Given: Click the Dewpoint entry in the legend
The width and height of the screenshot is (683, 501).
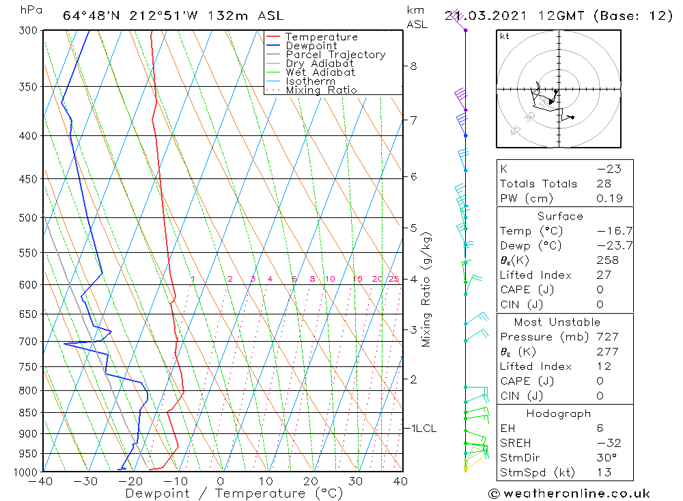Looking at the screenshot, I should tap(311, 46).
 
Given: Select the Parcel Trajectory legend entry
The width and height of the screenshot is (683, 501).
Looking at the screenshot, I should tap(335, 55).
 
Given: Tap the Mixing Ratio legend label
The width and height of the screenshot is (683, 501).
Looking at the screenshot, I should tap(321, 90).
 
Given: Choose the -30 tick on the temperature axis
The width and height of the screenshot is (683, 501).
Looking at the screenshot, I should tap(87, 481).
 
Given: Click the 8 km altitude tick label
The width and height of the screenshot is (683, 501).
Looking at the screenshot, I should tap(413, 66).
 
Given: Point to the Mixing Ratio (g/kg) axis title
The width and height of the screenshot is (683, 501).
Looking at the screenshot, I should tap(426, 289).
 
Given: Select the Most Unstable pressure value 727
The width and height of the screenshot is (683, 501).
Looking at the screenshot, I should tap(607, 337).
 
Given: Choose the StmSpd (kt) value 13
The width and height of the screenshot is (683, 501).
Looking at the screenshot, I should tap(604, 473).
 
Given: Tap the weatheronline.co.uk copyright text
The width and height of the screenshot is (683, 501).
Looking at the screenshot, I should tap(570, 493).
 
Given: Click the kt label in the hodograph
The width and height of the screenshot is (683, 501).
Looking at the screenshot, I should tap(505, 36).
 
